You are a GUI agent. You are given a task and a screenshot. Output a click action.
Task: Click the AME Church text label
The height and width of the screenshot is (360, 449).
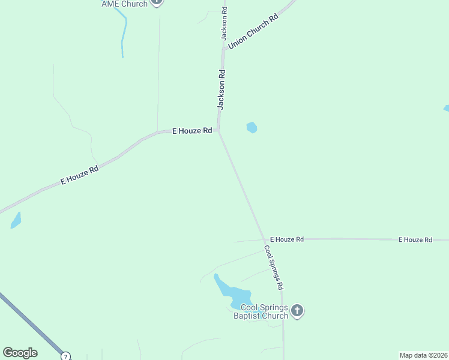125,4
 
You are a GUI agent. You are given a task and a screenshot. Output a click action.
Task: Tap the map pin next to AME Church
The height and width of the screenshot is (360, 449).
157,2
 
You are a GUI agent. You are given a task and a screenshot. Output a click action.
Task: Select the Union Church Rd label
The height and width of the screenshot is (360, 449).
254,32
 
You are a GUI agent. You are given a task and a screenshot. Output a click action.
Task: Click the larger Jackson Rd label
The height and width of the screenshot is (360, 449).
221,89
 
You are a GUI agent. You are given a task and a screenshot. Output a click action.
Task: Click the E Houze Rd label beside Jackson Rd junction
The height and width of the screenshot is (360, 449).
192,130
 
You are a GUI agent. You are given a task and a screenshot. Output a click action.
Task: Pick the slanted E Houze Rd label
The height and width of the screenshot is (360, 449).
79,175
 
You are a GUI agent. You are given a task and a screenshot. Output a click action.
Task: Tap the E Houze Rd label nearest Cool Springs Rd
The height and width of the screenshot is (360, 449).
286,239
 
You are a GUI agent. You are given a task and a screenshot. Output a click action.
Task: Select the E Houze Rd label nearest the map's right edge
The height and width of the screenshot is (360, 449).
415,239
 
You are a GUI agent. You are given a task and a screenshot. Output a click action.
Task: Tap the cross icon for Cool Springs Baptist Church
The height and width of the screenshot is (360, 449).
297,311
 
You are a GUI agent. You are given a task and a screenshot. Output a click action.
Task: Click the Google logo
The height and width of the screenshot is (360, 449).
20,353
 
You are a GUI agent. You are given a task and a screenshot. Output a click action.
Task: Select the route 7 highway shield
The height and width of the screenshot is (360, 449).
65,356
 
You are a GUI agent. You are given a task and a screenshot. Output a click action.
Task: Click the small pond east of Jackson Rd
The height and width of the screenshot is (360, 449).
252,127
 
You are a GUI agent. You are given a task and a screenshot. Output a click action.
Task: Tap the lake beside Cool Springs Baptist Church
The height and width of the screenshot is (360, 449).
234,293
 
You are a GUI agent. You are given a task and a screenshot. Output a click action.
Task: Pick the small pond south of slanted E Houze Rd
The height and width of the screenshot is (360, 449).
16,221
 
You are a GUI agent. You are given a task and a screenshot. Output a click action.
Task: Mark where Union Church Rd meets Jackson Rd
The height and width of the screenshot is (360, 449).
223,50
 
